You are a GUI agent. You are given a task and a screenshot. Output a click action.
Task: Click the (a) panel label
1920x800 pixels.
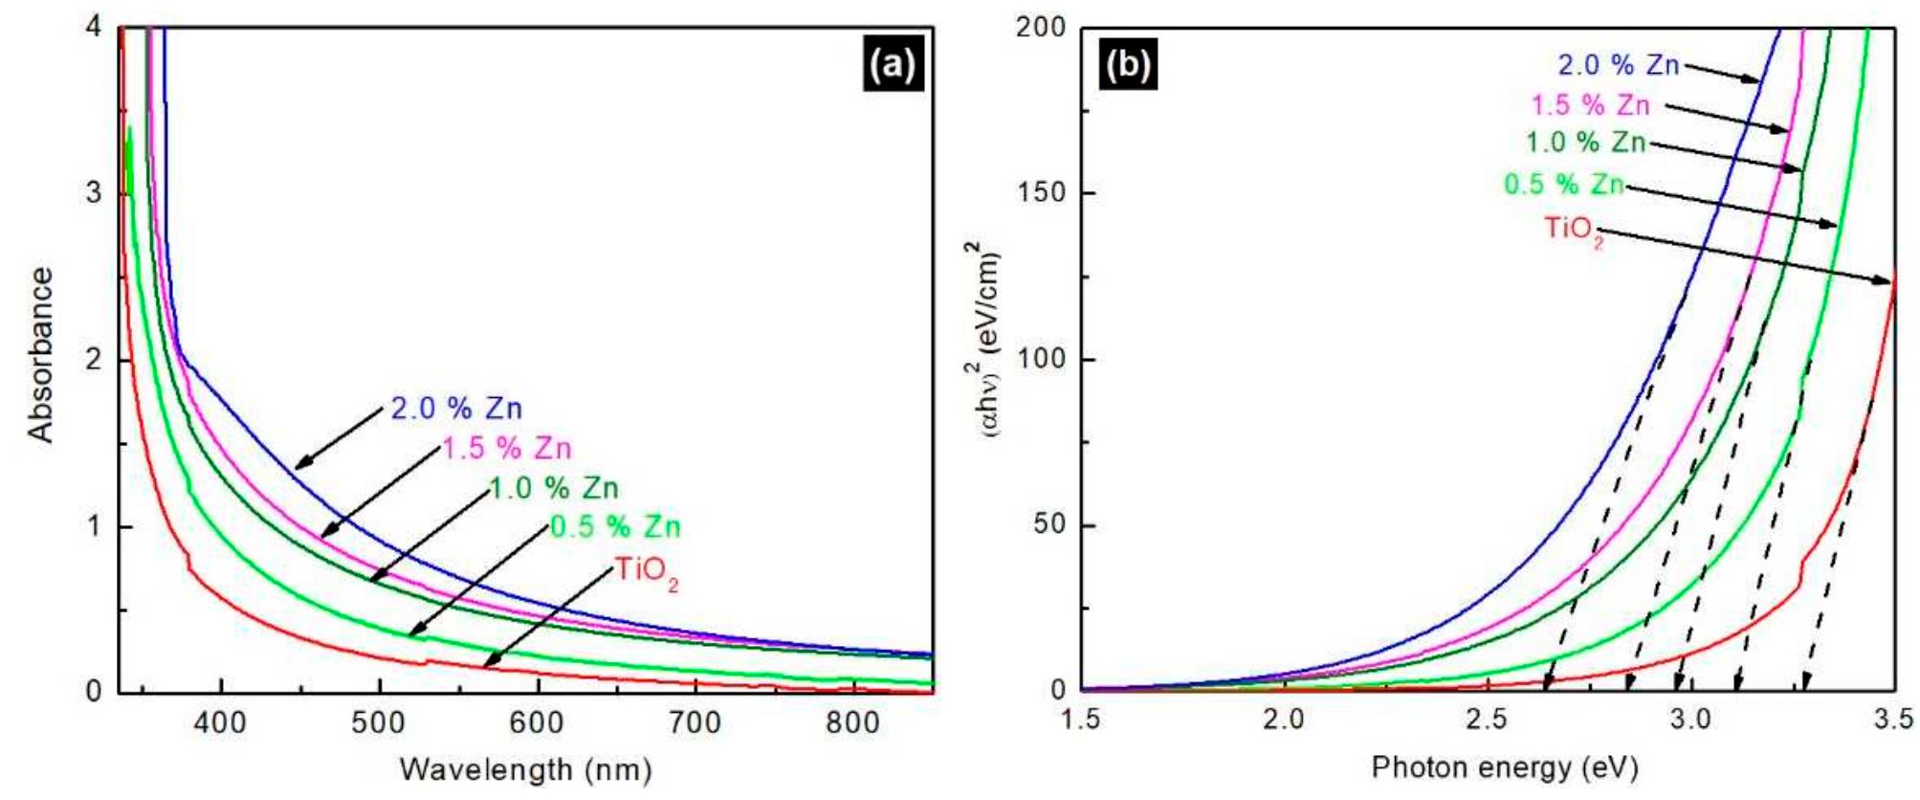[x=894, y=65]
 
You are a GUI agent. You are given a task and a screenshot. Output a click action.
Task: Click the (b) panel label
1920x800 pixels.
[x=1128, y=65]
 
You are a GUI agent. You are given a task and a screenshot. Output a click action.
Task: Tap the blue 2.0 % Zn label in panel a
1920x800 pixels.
[x=456, y=409]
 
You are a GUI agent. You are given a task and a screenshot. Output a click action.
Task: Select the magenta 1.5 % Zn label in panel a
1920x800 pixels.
[x=506, y=448]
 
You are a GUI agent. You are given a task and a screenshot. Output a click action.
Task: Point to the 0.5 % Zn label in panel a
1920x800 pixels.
[x=615, y=526]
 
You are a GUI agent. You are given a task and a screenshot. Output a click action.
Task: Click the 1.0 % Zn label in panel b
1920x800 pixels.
[x=1585, y=143]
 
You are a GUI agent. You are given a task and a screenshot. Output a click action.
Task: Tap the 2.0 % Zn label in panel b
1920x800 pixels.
[x=1618, y=65]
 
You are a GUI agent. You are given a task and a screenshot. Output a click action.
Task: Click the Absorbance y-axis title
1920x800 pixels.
[x=40, y=355]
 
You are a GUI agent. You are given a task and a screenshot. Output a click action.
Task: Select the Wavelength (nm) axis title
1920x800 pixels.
[x=525, y=768]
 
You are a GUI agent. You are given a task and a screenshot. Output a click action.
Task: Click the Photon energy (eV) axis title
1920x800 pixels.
[x=1505, y=767]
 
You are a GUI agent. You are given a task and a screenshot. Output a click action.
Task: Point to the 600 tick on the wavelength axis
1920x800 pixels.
[x=536, y=722]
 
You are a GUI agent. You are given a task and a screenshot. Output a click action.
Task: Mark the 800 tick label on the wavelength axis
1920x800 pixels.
[x=851, y=722]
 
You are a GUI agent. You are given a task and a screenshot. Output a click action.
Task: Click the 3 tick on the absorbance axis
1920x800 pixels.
[x=94, y=193]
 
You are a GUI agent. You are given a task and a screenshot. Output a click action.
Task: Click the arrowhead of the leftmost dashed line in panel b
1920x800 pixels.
[x=1547, y=682]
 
